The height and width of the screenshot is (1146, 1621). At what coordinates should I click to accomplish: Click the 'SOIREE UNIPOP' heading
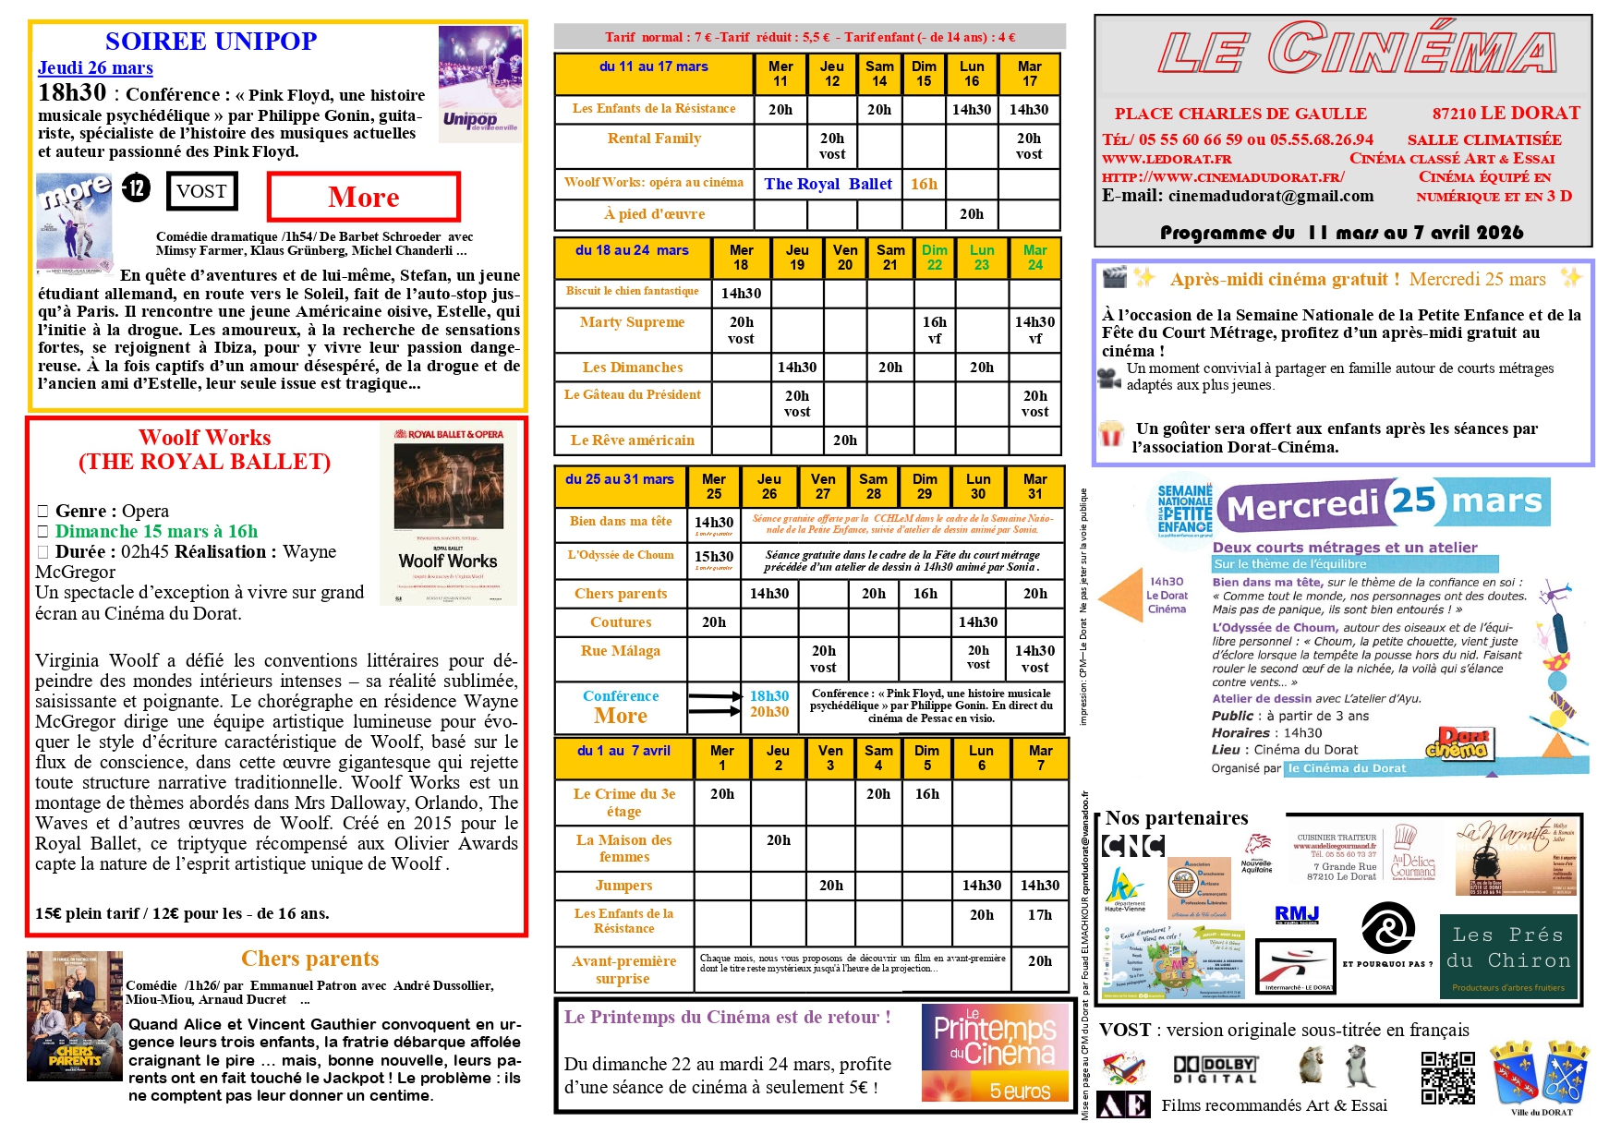211,42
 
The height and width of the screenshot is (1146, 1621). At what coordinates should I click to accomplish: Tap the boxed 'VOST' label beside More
202,191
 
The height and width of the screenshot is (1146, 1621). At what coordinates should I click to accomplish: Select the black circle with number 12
137,188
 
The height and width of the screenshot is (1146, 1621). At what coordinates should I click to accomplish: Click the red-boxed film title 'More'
363,197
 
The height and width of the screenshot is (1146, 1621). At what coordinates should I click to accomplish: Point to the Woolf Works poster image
448,515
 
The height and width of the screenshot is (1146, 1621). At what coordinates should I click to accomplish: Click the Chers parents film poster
75,1016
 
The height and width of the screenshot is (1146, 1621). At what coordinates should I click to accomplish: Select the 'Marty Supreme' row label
633,322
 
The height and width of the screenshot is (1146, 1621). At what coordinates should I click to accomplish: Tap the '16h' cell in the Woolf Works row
924,184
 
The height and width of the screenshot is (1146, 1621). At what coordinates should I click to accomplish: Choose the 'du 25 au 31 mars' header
620,479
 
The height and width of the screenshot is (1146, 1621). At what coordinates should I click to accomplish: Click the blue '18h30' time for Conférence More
769,695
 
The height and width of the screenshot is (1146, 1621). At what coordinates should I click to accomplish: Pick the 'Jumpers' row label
623,886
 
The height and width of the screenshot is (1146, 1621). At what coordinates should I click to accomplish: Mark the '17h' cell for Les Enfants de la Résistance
1040,914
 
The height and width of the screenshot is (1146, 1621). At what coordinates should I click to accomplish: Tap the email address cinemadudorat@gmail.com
1271,196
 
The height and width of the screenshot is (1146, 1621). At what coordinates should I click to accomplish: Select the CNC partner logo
1133,845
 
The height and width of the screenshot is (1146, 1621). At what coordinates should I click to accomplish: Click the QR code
1447,1078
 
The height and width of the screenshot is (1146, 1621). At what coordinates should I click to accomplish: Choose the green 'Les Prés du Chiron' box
1510,957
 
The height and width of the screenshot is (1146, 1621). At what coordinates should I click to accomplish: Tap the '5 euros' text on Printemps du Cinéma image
1020,1091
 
